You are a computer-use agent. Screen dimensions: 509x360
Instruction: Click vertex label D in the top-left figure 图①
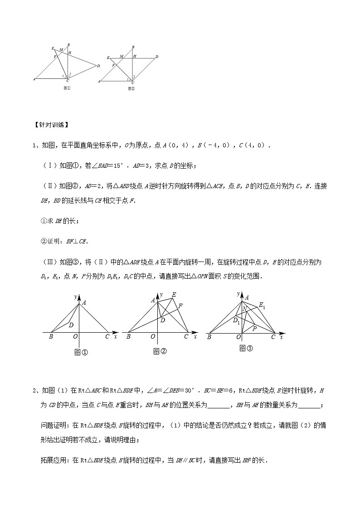(x=98, y=66)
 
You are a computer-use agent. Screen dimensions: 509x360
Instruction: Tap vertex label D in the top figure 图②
(x=157, y=57)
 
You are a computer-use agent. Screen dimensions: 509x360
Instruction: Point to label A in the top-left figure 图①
(x=34, y=79)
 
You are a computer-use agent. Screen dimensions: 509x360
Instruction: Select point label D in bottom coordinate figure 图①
(x=71, y=325)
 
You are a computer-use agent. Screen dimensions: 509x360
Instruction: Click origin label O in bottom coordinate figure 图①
(x=75, y=337)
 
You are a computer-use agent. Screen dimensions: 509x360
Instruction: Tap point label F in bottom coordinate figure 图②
(x=180, y=306)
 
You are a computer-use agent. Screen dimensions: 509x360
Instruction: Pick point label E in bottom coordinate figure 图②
(x=173, y=295)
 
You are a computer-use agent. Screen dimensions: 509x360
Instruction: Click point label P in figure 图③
(x=254, y=328)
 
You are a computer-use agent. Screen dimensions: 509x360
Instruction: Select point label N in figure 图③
(x=244, y=309)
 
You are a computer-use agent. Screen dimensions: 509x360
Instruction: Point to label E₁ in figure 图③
(x=262, y=305)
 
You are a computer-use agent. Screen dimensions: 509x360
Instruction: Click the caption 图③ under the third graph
(x=245, y=348)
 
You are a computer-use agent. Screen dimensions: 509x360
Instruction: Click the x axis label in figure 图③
(x=282, y=337)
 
